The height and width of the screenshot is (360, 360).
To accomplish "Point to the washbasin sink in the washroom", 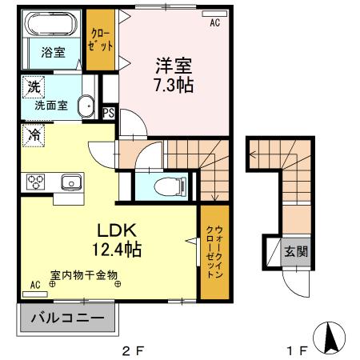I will click(85, 105).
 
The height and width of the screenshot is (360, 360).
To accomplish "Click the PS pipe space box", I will click(109, 113).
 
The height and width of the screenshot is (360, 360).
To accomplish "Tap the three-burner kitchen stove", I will click(36, 181).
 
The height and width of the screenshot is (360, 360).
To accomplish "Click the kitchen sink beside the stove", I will click(70, 182).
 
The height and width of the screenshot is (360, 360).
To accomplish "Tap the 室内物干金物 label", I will click(83, 275).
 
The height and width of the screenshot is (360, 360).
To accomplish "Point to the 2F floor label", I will click(130, 350).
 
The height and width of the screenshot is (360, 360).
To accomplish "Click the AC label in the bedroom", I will click(214, 23).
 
